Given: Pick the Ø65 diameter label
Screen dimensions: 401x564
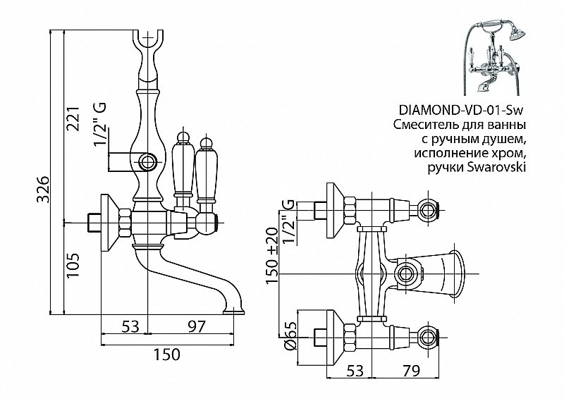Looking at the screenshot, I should tap(288, 335).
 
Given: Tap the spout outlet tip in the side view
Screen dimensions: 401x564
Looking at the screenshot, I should tap(234, 308).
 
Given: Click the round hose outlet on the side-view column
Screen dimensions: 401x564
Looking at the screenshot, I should tap(148, 162).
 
